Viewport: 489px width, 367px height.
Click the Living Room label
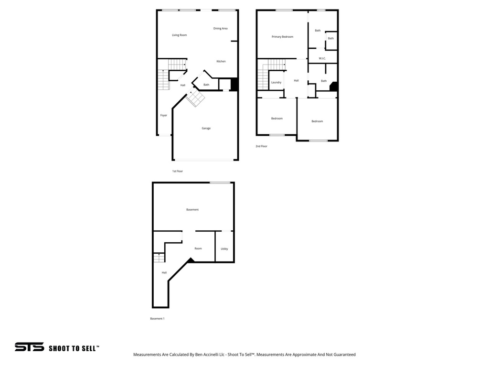tap(179, 35)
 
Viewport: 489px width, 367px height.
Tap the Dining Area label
tap(220, 28)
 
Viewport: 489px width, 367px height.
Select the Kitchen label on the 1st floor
tap(221, 61)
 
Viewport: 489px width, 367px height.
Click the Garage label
tap(206, 128)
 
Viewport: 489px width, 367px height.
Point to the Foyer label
tap(164, 115)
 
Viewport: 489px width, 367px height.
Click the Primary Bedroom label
tap(282, 37)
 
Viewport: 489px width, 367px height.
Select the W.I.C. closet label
tap(322, 59)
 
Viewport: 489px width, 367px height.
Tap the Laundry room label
tap(276, 82)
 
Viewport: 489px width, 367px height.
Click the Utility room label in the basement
tap(224, 248)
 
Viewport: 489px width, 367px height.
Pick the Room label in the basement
tap(198, 248)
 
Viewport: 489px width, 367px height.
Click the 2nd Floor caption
tap(261, 146)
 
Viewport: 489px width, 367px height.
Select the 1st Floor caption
tap(178, 171)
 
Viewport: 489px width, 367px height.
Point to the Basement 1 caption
tap(157, 319)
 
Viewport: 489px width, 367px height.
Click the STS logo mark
tap(29, 347)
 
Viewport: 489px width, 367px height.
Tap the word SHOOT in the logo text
tap(60, 348)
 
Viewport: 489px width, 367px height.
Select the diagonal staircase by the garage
tap(195, 99)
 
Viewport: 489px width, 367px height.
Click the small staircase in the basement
tap(159, 258)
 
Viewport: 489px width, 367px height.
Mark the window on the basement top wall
tap(220, 183)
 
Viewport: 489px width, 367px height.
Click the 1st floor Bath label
tap(206, 85)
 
